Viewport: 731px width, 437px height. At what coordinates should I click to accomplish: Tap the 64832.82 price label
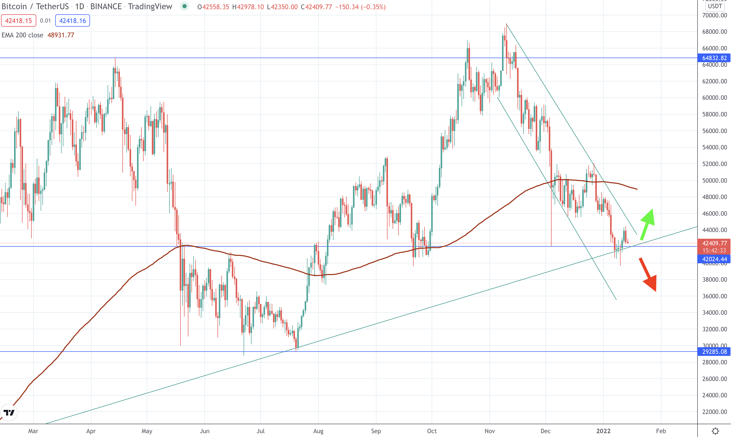coord(714,58)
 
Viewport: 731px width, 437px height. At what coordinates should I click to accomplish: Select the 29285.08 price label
coord(714,352)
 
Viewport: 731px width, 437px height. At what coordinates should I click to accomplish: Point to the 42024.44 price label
coord(714,259)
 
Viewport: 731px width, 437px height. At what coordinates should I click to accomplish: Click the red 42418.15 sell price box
coord(19,21)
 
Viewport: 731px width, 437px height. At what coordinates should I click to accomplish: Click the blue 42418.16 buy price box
coord(72,21)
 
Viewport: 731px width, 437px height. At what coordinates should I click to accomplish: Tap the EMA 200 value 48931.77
coord(61,35)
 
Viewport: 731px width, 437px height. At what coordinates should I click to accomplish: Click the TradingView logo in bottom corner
coord(9,412)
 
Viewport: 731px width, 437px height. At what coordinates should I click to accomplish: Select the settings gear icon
coord(715,431)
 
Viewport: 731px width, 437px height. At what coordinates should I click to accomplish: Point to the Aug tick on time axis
coord(318,431)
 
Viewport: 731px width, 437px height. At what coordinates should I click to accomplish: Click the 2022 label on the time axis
coord(603,431)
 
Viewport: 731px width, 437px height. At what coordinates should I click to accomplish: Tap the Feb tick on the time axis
coord(661,431)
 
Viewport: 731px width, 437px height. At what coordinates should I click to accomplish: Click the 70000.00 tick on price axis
coord(714,15)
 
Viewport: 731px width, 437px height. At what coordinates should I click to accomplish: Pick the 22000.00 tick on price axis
coord(714,412)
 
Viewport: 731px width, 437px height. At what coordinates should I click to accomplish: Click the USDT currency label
coord(715,6)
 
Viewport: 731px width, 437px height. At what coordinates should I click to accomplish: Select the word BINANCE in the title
coord(106,6)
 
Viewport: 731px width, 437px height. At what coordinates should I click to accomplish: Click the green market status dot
coord(185,6)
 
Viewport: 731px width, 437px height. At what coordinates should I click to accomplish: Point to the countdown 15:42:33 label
coord(714,250)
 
